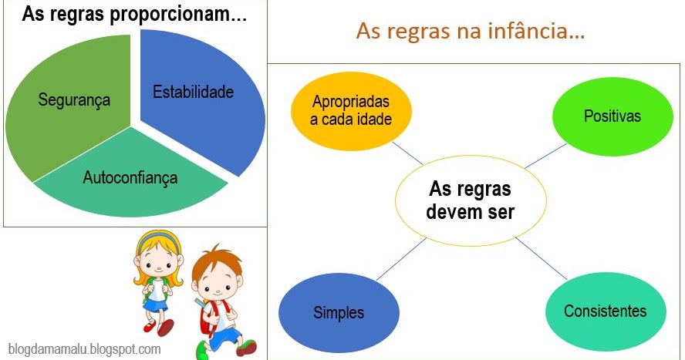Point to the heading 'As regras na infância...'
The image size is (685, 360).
471,32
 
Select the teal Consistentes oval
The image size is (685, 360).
605,311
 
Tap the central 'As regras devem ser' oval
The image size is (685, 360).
470,200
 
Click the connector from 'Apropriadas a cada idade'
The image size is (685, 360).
407,153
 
